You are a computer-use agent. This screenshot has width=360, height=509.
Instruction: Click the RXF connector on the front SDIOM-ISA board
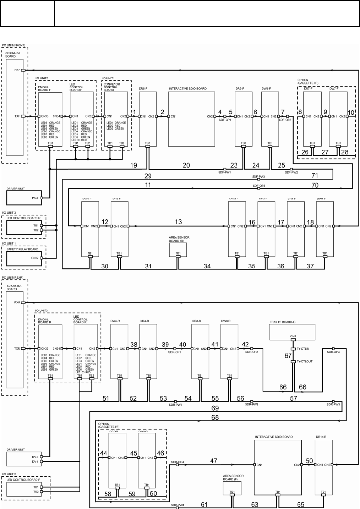click(x=23, y=70)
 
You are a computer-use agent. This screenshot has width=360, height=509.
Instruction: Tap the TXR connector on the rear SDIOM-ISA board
click(x=23, y=349)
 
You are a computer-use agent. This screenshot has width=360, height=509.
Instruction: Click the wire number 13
click(x=178, y=222)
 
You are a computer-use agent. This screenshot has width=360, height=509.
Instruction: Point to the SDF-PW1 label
click(x=225, y=173)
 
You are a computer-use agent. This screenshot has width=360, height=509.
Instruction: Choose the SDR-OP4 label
click(x=177, y=462)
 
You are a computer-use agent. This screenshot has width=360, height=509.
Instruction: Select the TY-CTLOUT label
click(x=304, y=362)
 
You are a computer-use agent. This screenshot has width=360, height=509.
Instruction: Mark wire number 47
click(x=213, y=461)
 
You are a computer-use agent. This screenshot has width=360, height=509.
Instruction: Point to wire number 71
click(x=315, y=175)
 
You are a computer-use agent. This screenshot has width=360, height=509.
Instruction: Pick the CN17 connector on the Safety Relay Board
click(x=41, y=258)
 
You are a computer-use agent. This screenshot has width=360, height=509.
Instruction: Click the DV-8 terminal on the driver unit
click(x=42, y=457)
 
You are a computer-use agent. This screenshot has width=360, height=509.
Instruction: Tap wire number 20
click(x=186, y=165)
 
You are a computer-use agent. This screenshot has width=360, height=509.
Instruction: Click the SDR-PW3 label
click(x=333, y=404)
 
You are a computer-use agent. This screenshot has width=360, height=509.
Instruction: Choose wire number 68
click(x=215, y=417)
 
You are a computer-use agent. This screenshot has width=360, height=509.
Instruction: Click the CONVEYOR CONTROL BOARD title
click(x=111, y=87)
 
